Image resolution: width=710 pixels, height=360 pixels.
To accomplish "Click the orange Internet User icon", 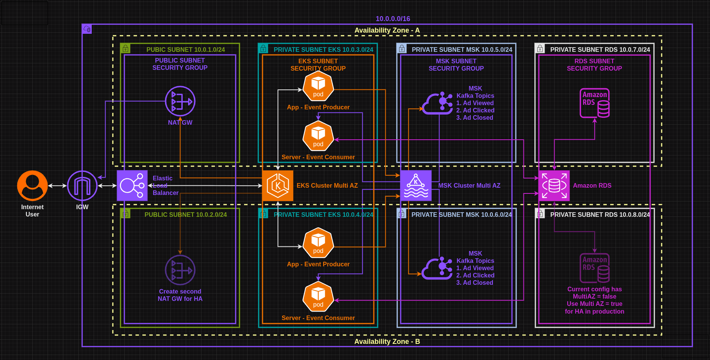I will (32, 185).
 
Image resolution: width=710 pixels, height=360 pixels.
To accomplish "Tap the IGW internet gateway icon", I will (82, 185).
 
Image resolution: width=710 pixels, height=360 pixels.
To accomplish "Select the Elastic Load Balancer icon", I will (132, 185).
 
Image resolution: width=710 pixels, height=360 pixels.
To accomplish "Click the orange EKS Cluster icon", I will (277, 185).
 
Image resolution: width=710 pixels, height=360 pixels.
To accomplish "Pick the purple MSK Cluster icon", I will (416, 185).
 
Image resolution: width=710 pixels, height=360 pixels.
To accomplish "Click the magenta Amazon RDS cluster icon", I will (554, 185).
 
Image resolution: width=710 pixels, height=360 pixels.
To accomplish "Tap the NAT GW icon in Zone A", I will (180, 101).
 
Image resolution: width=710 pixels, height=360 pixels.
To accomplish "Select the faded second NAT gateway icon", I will (180, 270).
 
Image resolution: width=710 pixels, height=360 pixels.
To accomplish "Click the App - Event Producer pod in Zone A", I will (318, 87).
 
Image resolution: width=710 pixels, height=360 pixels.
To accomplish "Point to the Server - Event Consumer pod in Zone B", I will (318, 297).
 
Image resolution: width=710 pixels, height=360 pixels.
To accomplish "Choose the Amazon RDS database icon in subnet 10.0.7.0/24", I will (594, 103).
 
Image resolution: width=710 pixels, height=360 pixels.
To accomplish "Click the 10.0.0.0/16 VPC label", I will (393, 18).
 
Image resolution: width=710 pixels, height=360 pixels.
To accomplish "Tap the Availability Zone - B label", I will (387, 341).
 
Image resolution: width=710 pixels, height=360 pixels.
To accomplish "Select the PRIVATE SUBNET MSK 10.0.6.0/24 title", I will (461, 215).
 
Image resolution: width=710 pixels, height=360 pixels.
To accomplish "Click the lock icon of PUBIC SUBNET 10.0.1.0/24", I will (125, 49).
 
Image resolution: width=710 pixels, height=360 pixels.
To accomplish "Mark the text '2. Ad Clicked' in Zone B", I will (475, 275).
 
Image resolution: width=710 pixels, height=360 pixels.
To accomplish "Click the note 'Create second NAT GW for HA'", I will (180, 295).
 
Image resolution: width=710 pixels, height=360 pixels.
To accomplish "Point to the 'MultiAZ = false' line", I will (594, 296).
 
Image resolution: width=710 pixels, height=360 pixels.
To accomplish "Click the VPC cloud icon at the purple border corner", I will (87, 29).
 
